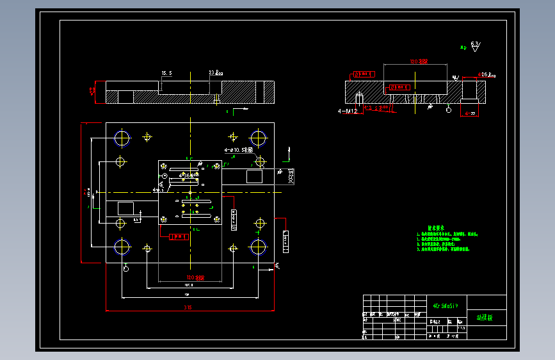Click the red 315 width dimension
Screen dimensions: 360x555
188,307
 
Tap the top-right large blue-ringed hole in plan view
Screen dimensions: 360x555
259,138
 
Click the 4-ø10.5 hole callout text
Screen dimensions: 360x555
238,150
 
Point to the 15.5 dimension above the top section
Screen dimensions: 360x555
166,73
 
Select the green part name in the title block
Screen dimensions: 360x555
485,317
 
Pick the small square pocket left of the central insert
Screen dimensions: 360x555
125,208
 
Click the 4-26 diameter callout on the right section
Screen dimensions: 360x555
487,74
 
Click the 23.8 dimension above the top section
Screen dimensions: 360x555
215,73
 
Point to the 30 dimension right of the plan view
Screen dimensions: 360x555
292,176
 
